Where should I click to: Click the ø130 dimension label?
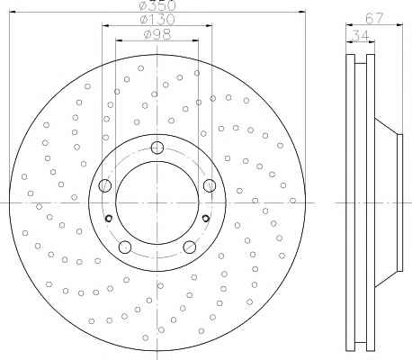coord(157,20)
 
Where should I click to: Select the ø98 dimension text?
coord(157,34)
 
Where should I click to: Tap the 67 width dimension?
coord(374,18)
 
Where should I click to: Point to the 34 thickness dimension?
coord(360,36)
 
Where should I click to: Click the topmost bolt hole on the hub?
coord(157,148)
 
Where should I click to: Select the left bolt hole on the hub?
coord(105,185)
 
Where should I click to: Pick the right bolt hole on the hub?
coord(210,185)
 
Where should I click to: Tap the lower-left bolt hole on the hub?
coord(125,247)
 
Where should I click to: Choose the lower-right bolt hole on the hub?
coord(190,247)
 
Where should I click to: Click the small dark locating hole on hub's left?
coord(109,219)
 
